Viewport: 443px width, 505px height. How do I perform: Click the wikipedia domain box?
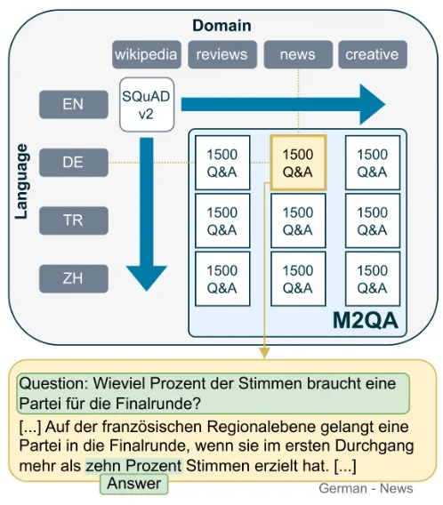pyautogui.click(x=147, y=54)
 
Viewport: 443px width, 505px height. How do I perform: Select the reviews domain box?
pyautogui.click(x=222, y=54)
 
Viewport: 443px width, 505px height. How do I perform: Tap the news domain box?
pyautogui.click(x=298, y=54)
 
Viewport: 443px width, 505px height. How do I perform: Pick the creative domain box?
pyautogui.click(x=373, y=54)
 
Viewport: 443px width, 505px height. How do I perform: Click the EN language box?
pyautogui.click(x=74, y=104)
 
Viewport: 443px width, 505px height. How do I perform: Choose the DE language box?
pyautogui.click(x=74, y=163)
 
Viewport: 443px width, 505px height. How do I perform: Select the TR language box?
pyautogui.click(x=74, y=220)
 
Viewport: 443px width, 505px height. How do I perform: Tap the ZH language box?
pyautogui.click(x=74, y=278)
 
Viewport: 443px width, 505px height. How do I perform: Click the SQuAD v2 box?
pyautogui.click(x=147, y=105)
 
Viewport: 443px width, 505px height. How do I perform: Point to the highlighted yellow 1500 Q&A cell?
pyautogui.click(x=298, y=163)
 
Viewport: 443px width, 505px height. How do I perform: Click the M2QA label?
pyautogui.click(x=365, y=321)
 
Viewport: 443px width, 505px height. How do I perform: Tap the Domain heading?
pyautogui.click(x=221, y=26)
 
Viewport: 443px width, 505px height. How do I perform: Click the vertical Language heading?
pyautogui.click(x=22, y=181)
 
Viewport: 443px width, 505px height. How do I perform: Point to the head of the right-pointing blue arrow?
pyautogui.click(x=373, y=104)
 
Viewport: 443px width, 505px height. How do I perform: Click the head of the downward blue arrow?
pyautogui.click(x=147, y=278)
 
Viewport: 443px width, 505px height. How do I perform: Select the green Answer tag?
pyautogui.click(x=133, y=484)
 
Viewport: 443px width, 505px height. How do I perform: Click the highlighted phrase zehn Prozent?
pyautogui.click(x=133, y=466)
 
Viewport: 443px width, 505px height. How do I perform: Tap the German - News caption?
pyautogui.click(x=366, y=488)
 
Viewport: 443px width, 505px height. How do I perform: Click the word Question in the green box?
pyautogui.click(x=53, y=383)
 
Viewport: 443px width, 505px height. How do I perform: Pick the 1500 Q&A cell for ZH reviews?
pyautogui.click(x=222, y=279)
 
